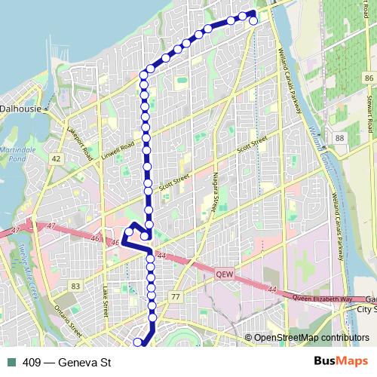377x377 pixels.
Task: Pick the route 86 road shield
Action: click(x=368, y=78)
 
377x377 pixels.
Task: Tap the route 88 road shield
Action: click(x=340, y=138)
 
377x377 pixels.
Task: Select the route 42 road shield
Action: click(x=56, y=159)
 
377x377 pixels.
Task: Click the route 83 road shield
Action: click(x=75, y=286)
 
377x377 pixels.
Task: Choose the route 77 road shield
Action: click(x=176, y=297)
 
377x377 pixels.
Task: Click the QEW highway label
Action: click(x=225, y=275)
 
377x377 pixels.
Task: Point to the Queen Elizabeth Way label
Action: click(x=322, y=299)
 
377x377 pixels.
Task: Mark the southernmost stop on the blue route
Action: click(x=138, y=343)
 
